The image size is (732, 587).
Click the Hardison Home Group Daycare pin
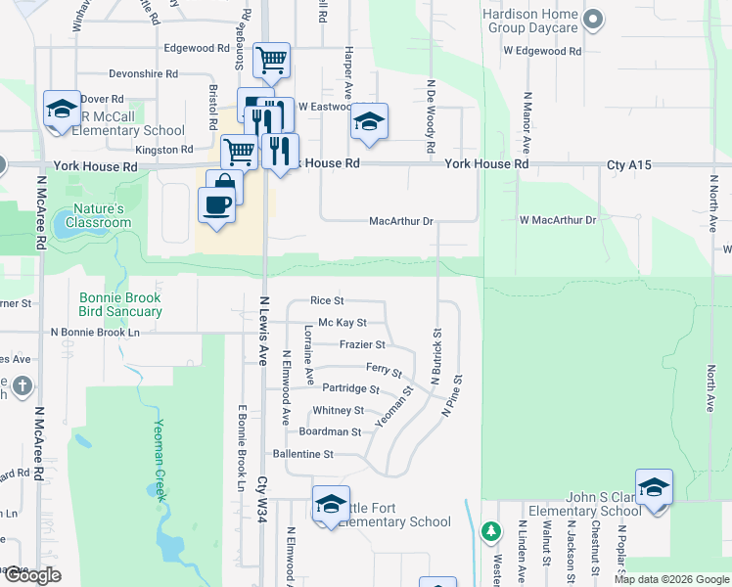592,20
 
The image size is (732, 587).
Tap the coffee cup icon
215,205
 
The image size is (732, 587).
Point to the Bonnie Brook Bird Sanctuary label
121,303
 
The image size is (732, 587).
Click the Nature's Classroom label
99,215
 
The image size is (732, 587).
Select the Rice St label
327,300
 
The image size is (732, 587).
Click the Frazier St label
362,344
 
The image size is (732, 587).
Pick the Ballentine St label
303,454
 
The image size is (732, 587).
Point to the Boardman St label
330,431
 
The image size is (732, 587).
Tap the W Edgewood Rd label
542,51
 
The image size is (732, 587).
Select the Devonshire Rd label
143,73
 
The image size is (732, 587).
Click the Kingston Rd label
164,150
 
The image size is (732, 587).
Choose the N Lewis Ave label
263,332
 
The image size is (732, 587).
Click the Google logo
32,575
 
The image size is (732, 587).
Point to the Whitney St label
338,411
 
